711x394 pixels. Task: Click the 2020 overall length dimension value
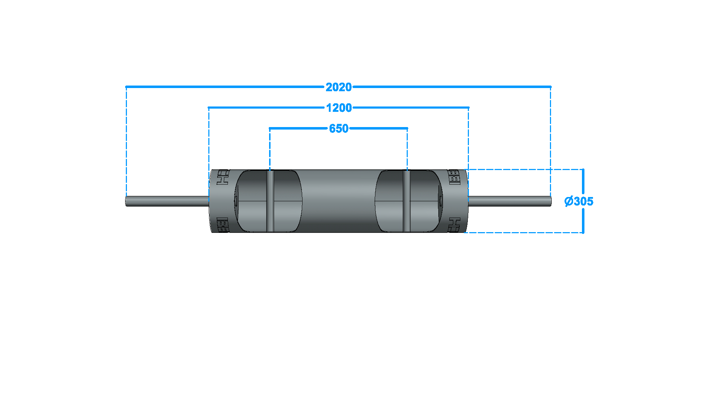coord(338,87)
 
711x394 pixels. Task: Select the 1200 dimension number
coord(339,108)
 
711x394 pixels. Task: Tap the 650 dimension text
coord(339,128)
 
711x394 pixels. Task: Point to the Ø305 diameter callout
coord(579,201)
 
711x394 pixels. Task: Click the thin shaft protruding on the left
coord(167,201)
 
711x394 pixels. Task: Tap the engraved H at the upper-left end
coord(223,177)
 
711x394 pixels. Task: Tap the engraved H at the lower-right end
coord(454,225)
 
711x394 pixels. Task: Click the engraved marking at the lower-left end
coord(223,225)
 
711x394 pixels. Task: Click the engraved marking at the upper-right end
coord(454,177)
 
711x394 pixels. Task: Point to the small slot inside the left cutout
coord(236,201)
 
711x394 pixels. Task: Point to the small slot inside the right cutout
coord(441,201)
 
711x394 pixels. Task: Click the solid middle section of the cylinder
coord(338,201)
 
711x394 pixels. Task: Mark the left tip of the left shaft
coord(127,201)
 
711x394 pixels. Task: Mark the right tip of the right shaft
coord(550,201)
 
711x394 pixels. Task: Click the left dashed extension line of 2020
coord(126,142)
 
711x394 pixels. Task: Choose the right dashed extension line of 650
coord(407,149)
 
